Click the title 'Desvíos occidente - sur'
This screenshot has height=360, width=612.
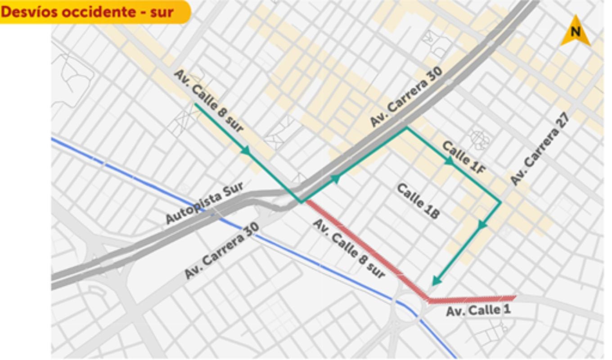(87, 12)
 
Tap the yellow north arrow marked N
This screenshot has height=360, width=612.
(575, 31)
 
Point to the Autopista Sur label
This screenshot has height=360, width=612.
(205, 202)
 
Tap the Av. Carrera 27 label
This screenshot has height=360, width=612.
(540, 149)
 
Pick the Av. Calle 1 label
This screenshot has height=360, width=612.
(478, 310)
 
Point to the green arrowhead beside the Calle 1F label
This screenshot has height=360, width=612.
(449, 161)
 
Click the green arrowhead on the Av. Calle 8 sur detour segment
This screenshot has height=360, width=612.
(246, 151)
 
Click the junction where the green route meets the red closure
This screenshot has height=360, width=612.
(302, 202)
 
